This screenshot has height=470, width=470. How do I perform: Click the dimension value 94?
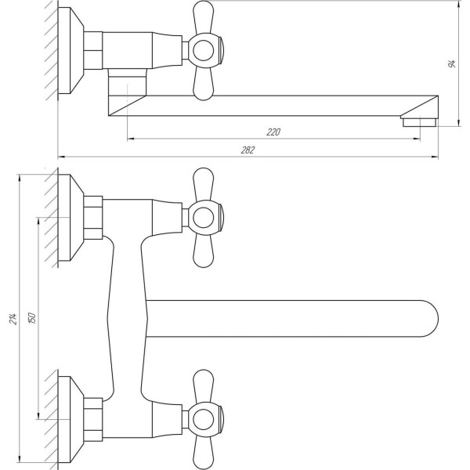[x=452, y=63]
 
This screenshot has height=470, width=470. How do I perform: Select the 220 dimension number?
[x=273, y=132]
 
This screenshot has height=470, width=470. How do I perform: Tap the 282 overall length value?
[x=248, y=150]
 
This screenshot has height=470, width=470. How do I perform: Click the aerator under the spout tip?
[x=418, y=121]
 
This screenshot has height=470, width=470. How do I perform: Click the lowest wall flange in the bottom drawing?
[x=73, y=417]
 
